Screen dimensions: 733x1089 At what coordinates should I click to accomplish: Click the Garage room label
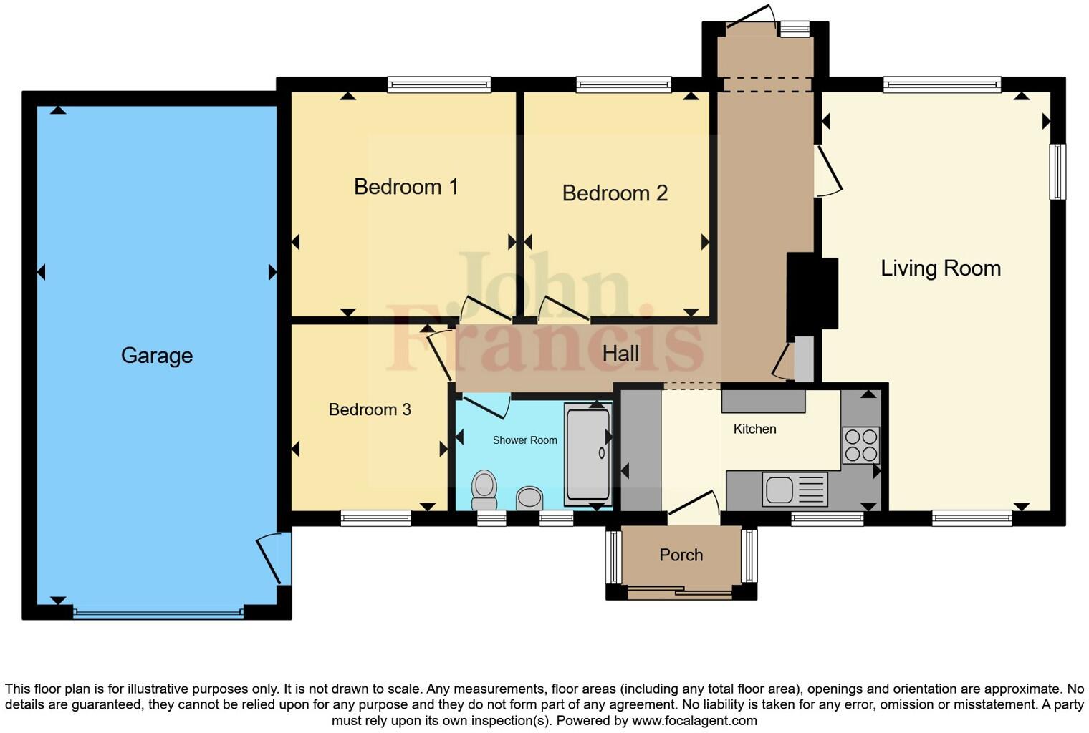point(156,355)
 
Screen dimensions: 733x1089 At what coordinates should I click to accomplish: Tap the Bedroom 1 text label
point(406,187)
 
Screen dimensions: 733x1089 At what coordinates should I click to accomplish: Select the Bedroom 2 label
point(615,193)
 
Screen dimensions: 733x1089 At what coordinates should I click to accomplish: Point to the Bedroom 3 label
point(370,409)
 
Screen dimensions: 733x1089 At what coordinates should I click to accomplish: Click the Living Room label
point(940,268)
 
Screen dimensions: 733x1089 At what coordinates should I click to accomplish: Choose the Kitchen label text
point(754,429)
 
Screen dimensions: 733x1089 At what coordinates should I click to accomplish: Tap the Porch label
point(681,555)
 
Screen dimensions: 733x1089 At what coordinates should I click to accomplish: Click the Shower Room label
point(524,440)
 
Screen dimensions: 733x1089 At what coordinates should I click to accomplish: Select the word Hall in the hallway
point(620,354)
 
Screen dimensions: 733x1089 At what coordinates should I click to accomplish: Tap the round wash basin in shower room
point(529,497)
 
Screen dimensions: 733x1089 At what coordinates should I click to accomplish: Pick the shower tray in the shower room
point(587,454)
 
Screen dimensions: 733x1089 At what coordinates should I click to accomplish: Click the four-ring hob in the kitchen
point(860,445)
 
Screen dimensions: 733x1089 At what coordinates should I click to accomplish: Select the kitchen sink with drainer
point(794,490)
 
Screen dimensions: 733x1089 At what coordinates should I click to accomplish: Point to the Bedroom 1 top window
point(439,84)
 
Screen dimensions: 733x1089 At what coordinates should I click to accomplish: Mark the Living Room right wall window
point(1057,172)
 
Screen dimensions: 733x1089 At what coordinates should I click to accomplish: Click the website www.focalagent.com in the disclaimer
point(694,720)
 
